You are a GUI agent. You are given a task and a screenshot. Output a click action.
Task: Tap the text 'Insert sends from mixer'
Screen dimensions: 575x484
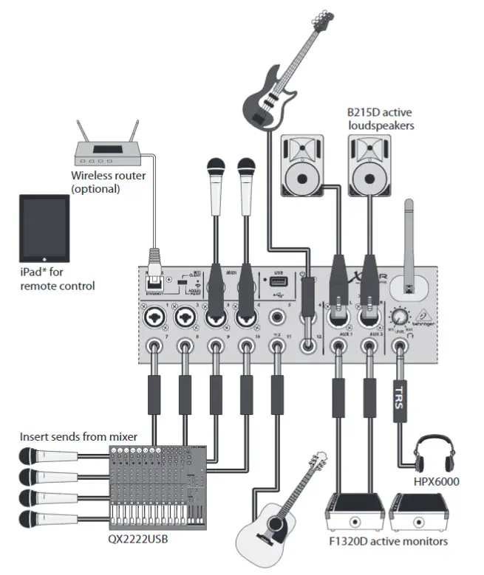(x=79, y=437)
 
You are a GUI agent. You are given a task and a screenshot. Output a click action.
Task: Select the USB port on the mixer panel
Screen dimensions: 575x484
(x=278, y=283)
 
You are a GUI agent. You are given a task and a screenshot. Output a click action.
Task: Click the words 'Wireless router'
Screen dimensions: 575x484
(x=108, y=176)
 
